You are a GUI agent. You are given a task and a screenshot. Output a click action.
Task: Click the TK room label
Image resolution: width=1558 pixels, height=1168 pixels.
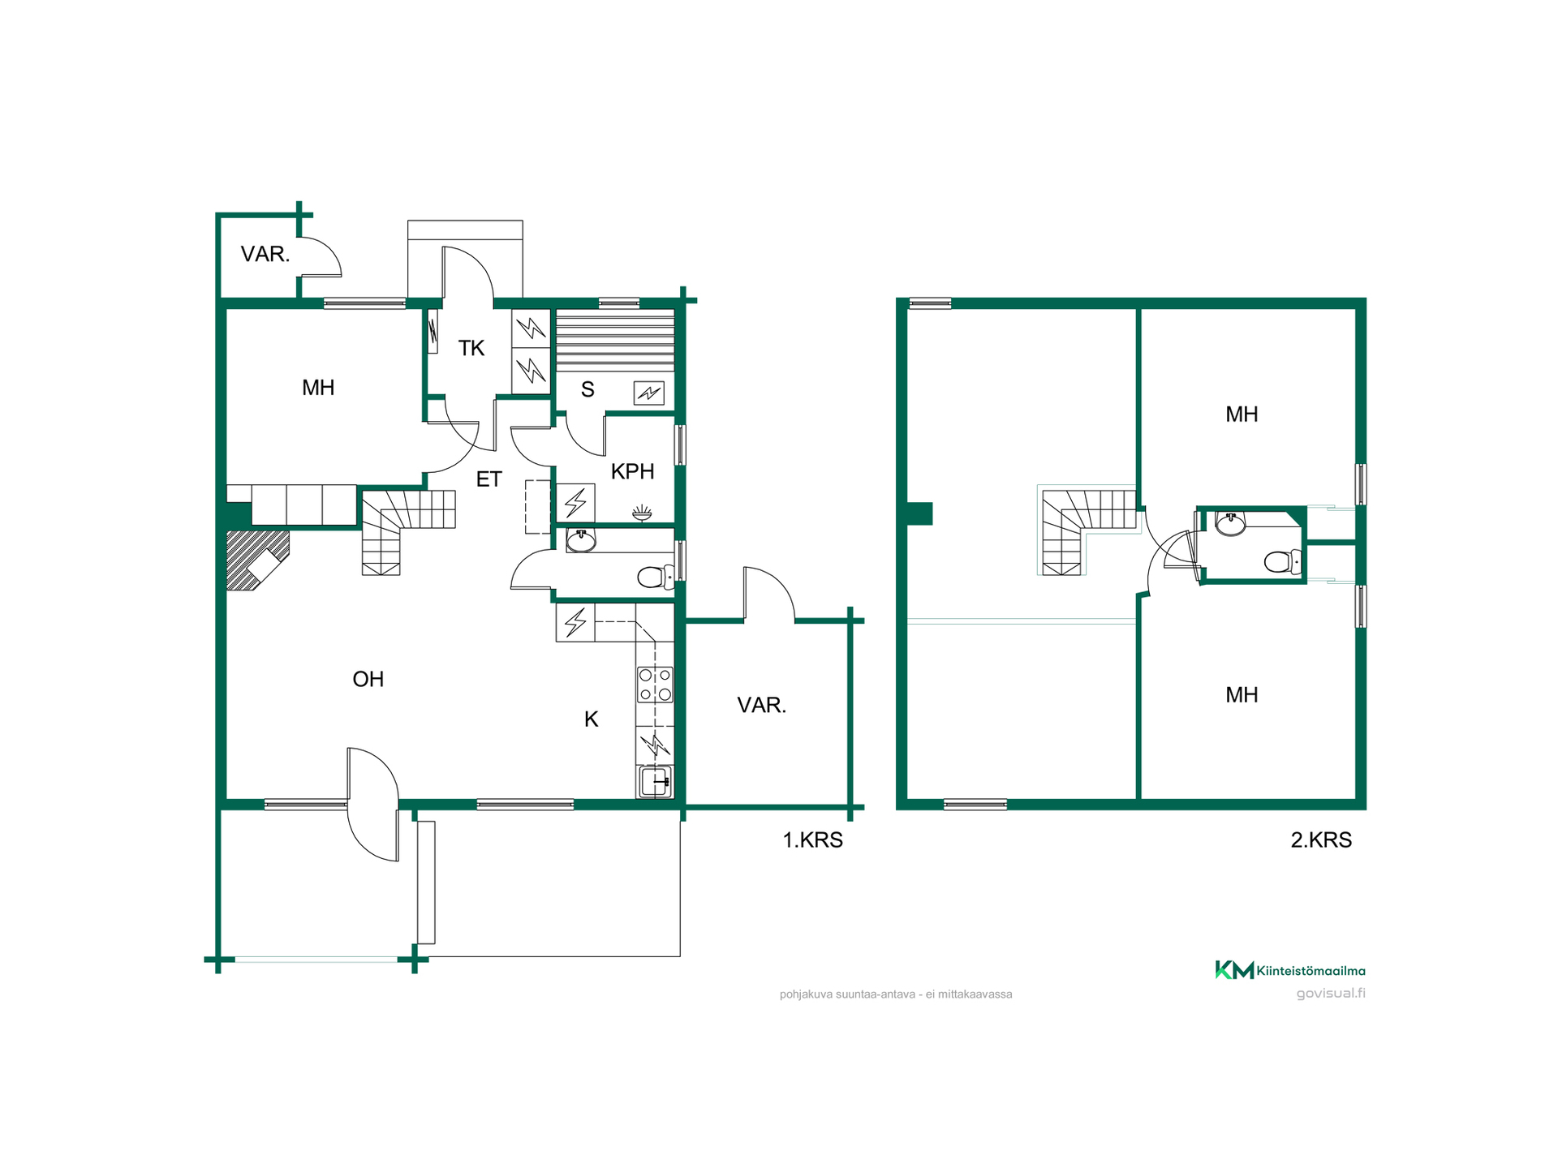coord(471,349)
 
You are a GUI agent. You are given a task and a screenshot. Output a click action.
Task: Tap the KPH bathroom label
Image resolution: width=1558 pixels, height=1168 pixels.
coord(632,471)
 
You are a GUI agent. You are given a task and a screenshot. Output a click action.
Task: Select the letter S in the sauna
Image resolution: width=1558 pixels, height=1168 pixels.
coord(587,390)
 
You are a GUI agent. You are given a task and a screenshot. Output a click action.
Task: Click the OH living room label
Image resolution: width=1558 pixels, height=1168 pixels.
coord(368,679)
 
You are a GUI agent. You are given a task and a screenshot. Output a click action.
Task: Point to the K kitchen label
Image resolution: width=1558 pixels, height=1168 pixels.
coord(591,719)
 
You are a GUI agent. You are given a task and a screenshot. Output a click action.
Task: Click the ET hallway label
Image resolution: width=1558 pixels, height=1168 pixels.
coord(488,479)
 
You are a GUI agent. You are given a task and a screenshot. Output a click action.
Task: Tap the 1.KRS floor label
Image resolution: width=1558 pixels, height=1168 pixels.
coord(812,839)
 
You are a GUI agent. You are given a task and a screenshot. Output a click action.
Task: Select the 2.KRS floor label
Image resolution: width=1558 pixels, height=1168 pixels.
coord(1321,839)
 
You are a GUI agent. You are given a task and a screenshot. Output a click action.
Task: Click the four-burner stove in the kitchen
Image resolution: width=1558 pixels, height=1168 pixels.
coord(655,684)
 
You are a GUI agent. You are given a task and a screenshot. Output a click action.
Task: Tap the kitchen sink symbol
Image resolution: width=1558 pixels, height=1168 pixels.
coord(655,782)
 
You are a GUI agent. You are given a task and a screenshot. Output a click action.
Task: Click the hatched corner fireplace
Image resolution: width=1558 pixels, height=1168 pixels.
coord(256,560)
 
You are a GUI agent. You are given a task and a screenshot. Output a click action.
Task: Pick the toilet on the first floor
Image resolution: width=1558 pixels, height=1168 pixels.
coord(656,577)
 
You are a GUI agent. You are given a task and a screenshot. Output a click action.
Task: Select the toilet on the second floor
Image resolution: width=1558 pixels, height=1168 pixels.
coord(1283,561)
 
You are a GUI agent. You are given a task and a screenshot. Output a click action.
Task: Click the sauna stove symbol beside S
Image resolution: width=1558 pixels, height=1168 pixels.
coord(648,393)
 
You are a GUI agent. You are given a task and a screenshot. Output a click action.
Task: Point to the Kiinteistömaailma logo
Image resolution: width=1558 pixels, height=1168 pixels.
coord(1289,970)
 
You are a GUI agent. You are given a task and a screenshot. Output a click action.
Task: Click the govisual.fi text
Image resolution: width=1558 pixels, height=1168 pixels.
coord(1331,994)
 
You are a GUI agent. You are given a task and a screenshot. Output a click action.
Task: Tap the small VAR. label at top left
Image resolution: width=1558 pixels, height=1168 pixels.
coord(265,255)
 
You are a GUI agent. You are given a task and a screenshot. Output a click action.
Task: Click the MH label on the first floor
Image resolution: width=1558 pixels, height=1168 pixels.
coord(318,388)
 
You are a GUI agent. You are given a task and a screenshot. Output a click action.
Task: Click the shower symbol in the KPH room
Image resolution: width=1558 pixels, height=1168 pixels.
coord(642,513)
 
